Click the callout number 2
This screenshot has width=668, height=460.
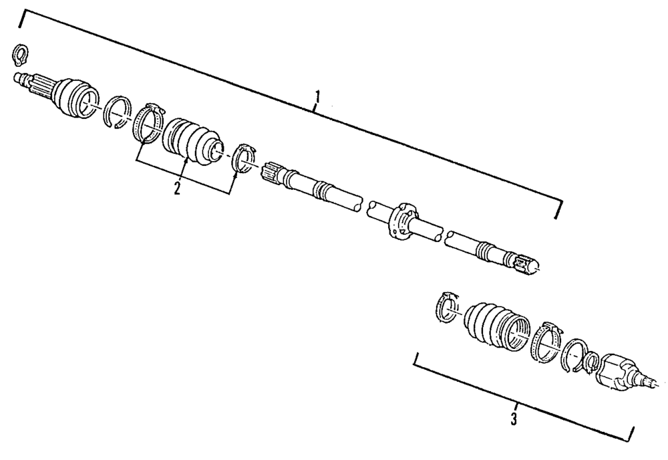177,188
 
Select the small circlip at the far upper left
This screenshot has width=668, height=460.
19,55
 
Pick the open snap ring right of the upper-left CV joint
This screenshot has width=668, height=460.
118,112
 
